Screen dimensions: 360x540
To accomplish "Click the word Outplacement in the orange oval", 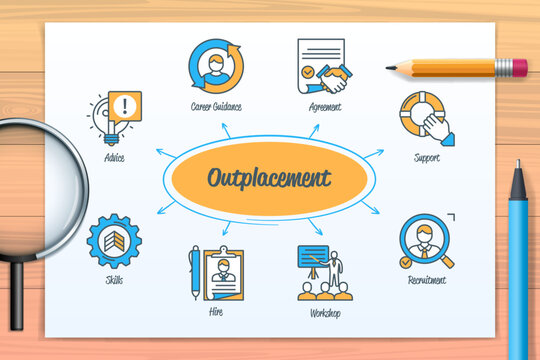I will point(268,179).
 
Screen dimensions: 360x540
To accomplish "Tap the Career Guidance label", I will point(216,106).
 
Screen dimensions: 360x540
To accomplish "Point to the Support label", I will point(426,157).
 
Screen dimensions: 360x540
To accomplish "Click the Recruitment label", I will point(427,281).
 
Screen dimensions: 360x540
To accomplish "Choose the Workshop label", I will point(324,313).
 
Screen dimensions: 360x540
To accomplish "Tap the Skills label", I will point(114,280).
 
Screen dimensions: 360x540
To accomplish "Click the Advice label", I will point(114,158).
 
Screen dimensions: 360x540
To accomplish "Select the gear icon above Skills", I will point(114,241).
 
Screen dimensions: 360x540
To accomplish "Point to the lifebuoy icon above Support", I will point(424,117).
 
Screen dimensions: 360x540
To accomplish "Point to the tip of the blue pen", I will point(516,164).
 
